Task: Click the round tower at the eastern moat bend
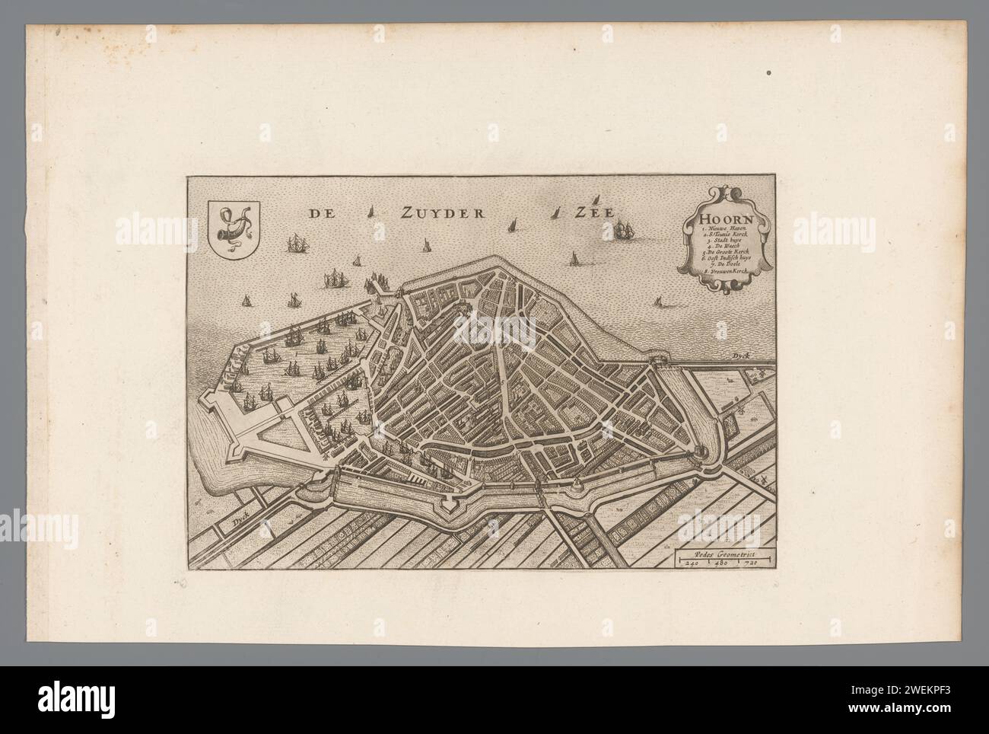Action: click(697, 454)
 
